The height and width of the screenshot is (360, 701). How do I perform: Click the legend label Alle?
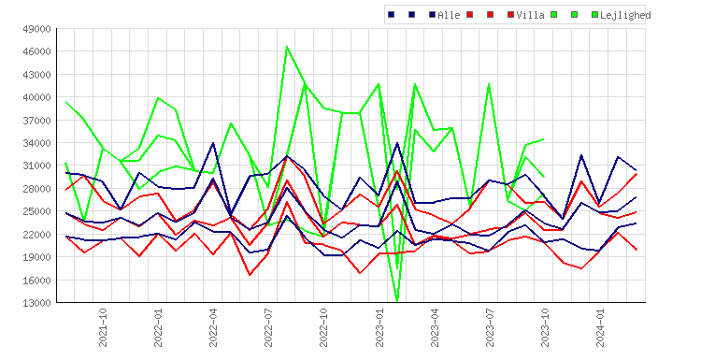[x=449, y=15]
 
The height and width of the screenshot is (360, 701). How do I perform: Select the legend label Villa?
[x=530, y=15]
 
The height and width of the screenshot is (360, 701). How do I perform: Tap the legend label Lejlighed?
[x=625, y=15]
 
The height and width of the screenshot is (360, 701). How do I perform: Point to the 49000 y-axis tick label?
[x=37, y=29]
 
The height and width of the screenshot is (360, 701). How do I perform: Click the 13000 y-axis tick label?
[x=37, y=303]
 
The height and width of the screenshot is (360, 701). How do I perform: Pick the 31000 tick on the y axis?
[x=37, y=166]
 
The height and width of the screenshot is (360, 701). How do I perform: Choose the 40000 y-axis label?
[x=37, y=97]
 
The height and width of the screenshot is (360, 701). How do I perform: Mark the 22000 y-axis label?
[x=37, y=235]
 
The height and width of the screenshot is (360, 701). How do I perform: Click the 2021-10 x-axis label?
[x=103, y=327]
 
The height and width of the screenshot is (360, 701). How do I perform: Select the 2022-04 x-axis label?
[x=213, y=327]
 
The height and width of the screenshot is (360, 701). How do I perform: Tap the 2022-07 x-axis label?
[x=268, y=327]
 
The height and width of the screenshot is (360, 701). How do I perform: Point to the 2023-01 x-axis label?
[x=379, y=327]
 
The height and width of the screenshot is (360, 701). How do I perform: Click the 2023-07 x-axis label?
[x=490, y=327]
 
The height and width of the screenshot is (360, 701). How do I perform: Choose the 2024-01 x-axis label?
[x=600, y=327]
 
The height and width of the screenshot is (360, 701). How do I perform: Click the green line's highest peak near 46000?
[x=287, y=47]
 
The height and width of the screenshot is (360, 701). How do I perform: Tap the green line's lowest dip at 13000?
[x=397, y=300]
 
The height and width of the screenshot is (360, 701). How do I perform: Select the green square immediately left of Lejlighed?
[x=594, y=15]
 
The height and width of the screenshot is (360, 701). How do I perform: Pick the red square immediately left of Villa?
[x=510, y=15]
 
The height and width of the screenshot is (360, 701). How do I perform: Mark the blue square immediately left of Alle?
[x=433, y=15]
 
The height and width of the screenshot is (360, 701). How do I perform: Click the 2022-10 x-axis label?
[x=323, y=327]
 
